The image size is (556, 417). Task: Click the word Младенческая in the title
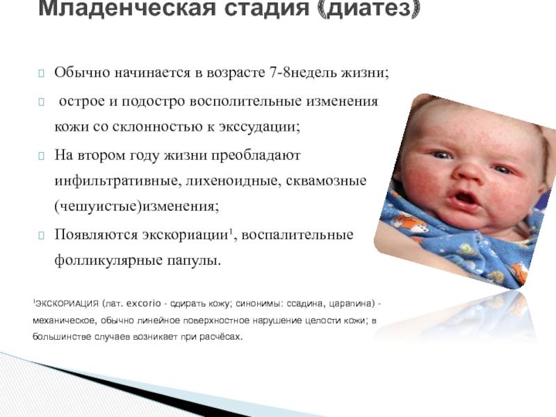127,8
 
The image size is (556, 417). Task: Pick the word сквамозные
326,181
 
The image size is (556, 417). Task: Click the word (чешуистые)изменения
137,206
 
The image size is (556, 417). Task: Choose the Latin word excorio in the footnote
144,304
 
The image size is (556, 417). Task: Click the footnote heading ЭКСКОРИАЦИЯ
66,304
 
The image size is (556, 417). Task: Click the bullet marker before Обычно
41,74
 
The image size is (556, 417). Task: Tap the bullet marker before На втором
41,156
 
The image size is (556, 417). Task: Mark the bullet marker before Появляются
41,235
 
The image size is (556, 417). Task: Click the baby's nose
468,172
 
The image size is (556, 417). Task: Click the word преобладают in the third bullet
256,155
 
